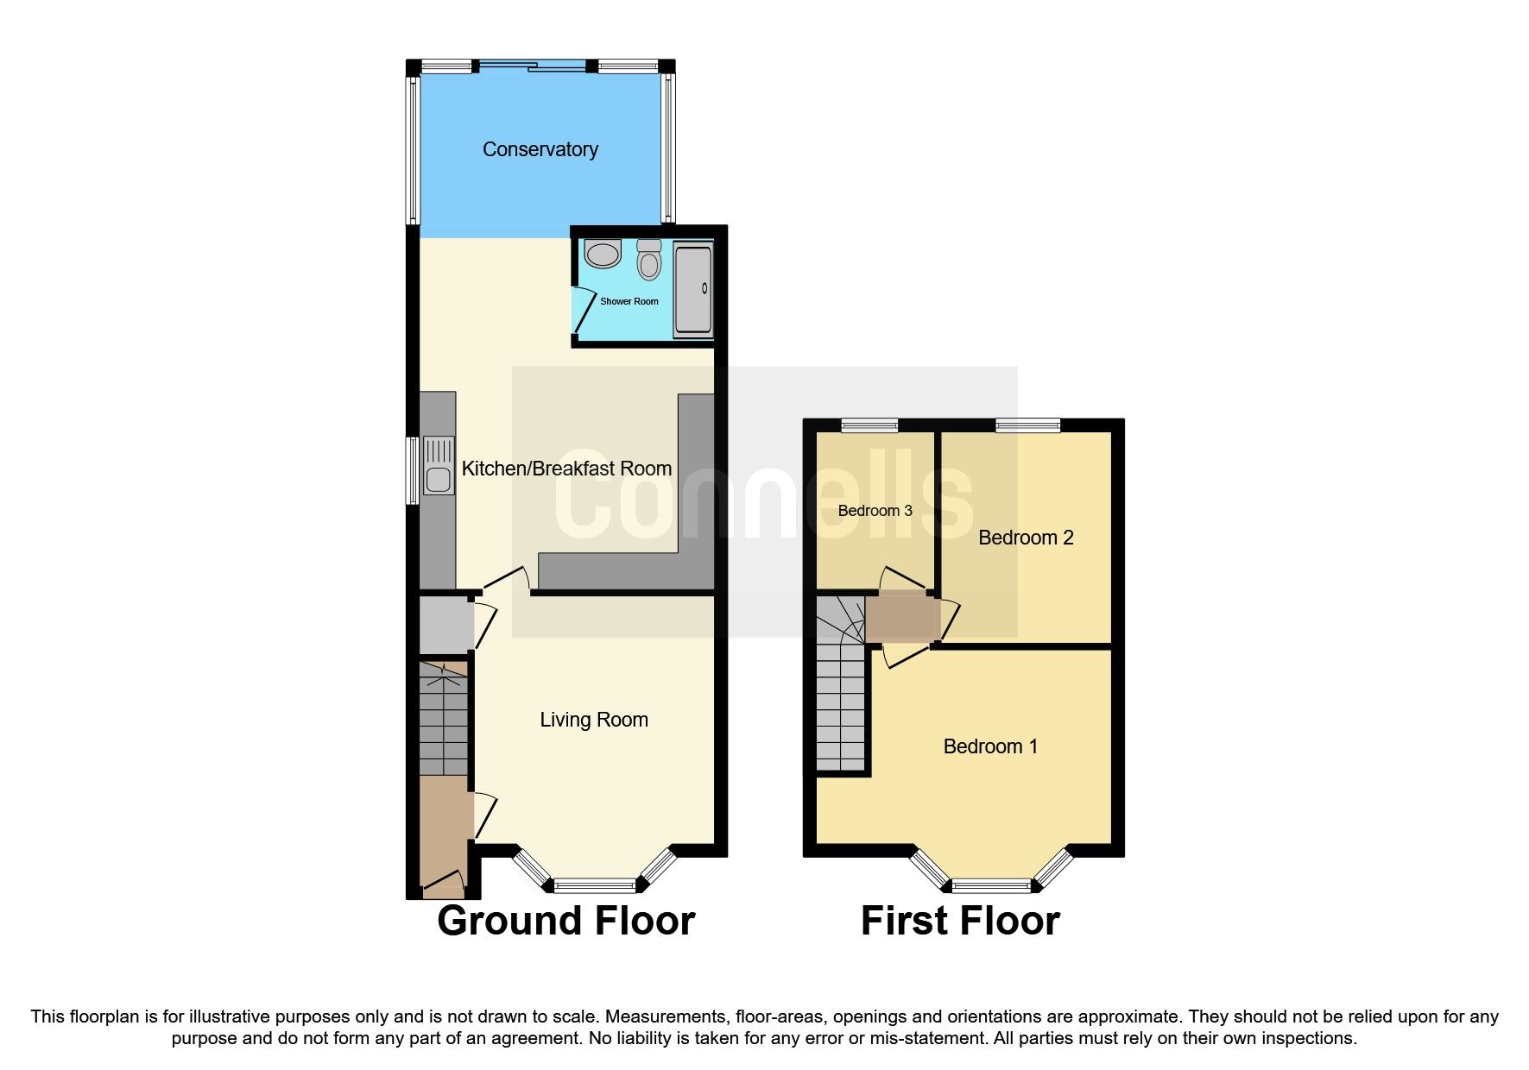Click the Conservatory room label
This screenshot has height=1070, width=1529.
click(540, 149)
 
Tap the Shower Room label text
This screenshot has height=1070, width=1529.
click(629, 301)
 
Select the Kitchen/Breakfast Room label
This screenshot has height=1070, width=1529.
click(566, 469)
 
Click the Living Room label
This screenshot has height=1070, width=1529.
click(593, 720)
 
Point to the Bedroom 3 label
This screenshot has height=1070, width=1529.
click(875, 511)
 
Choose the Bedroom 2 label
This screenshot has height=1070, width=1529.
click(1026, 538)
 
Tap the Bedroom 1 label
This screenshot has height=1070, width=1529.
click(990, 746)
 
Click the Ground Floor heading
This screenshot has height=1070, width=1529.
click(565, 921)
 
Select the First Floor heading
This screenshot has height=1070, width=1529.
click(960, 921)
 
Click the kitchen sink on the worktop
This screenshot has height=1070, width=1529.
click(439, 466)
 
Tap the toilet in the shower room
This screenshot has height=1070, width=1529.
click(649, 260)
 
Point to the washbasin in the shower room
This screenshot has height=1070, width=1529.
click(603, 254)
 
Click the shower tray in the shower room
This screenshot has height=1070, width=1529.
click(693, 289)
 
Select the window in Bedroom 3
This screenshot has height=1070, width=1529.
click(869, 425)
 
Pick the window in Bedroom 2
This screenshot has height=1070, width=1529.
click(1027, 425)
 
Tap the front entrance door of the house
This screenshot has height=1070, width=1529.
click(442, 883)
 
